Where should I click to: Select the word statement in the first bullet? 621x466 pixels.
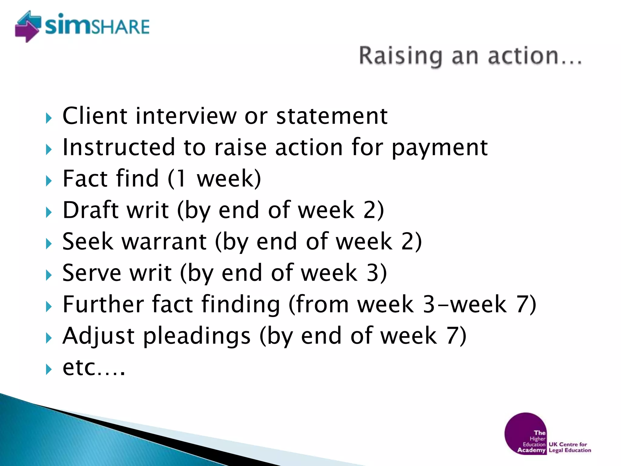[x=332, y=116]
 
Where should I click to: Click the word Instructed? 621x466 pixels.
[x=119, y=147]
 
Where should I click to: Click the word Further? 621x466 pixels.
[x=103, y=304]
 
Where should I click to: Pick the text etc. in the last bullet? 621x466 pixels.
[x=93, y=368]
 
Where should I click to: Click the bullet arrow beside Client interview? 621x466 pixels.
[x=49, y=118]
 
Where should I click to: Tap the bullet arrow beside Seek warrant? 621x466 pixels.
[x=49, y=244]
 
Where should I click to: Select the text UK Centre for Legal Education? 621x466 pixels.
[x=569, y=447]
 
